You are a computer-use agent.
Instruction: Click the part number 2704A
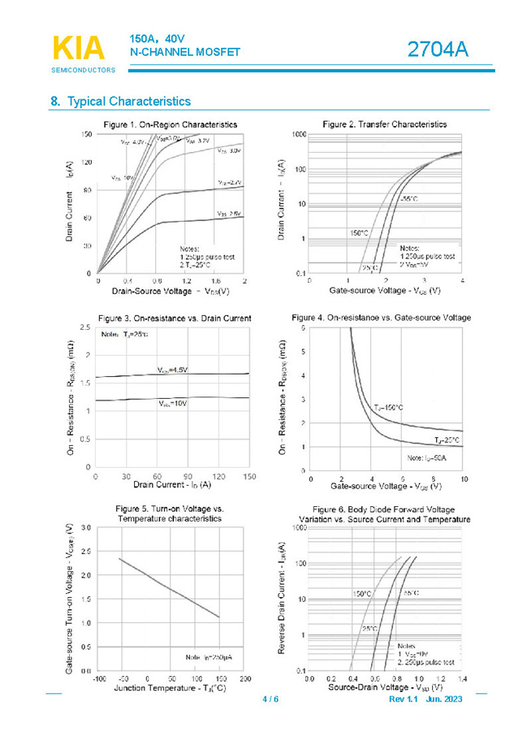438,50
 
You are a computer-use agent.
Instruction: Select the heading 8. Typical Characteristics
121,102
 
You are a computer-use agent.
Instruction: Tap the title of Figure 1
171,124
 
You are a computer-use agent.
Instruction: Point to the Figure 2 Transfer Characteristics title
384,124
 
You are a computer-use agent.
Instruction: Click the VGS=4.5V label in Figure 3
172,370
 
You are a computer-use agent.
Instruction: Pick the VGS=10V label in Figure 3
172,403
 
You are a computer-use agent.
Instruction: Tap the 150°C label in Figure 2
358,232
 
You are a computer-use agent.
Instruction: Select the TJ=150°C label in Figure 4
388,407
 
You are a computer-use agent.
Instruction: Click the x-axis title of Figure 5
170,689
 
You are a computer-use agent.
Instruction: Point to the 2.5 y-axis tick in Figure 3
85,327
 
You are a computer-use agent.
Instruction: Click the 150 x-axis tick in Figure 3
249,476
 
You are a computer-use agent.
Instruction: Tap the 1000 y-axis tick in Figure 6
299,528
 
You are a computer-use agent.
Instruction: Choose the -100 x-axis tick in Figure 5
98,678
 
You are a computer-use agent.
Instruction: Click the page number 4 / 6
270,700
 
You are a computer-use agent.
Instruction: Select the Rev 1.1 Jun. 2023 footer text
425,700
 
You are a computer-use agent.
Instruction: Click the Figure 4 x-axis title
386,486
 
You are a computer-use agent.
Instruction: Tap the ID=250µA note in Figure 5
209,656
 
